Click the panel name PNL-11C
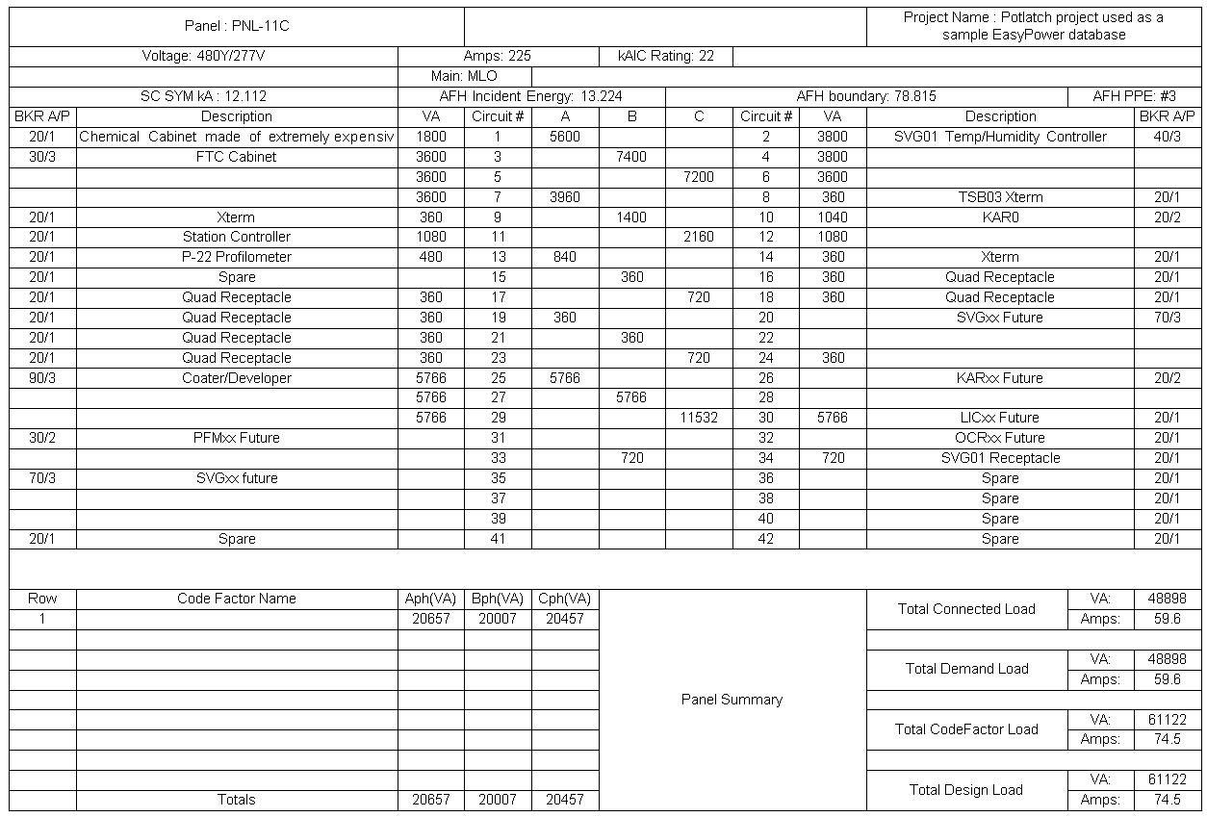(x=237, y=26)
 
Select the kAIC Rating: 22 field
(x=666, y=56)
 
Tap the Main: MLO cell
(x=464, y=76)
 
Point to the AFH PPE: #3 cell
(x=1134, y=96)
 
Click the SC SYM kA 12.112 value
(x=203, y=96)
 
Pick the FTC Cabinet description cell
(x=237, y=157)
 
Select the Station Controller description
(x=237, y=237)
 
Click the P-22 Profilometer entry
(x=237, y=257)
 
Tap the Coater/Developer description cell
(x=237, y=378)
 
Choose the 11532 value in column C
(x=699, y=419)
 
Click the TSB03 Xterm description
(x=1000, y=197)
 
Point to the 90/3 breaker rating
(x=42, y=378)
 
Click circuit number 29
(x=498, y=419)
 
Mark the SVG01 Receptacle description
(x=1000, y=458)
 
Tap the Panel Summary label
(x=732, y=700)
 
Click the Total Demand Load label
(x=966, y=669)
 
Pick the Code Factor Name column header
(x=237, y=599)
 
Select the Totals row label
(x=237, y=800)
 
